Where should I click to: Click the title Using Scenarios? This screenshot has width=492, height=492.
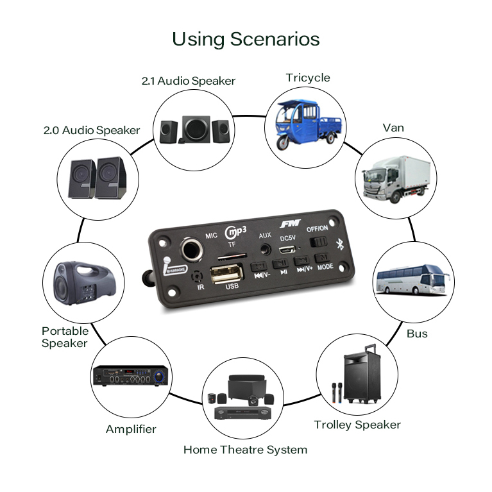pyautogui.click(x=246, y=39)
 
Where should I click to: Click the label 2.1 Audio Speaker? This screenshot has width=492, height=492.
pyautogui.click(x=189, y=81)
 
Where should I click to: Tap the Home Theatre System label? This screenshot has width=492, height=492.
pyautogui.click(x=245, y=450)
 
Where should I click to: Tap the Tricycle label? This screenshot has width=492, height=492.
pyautogui.click(x=308, y=78)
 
